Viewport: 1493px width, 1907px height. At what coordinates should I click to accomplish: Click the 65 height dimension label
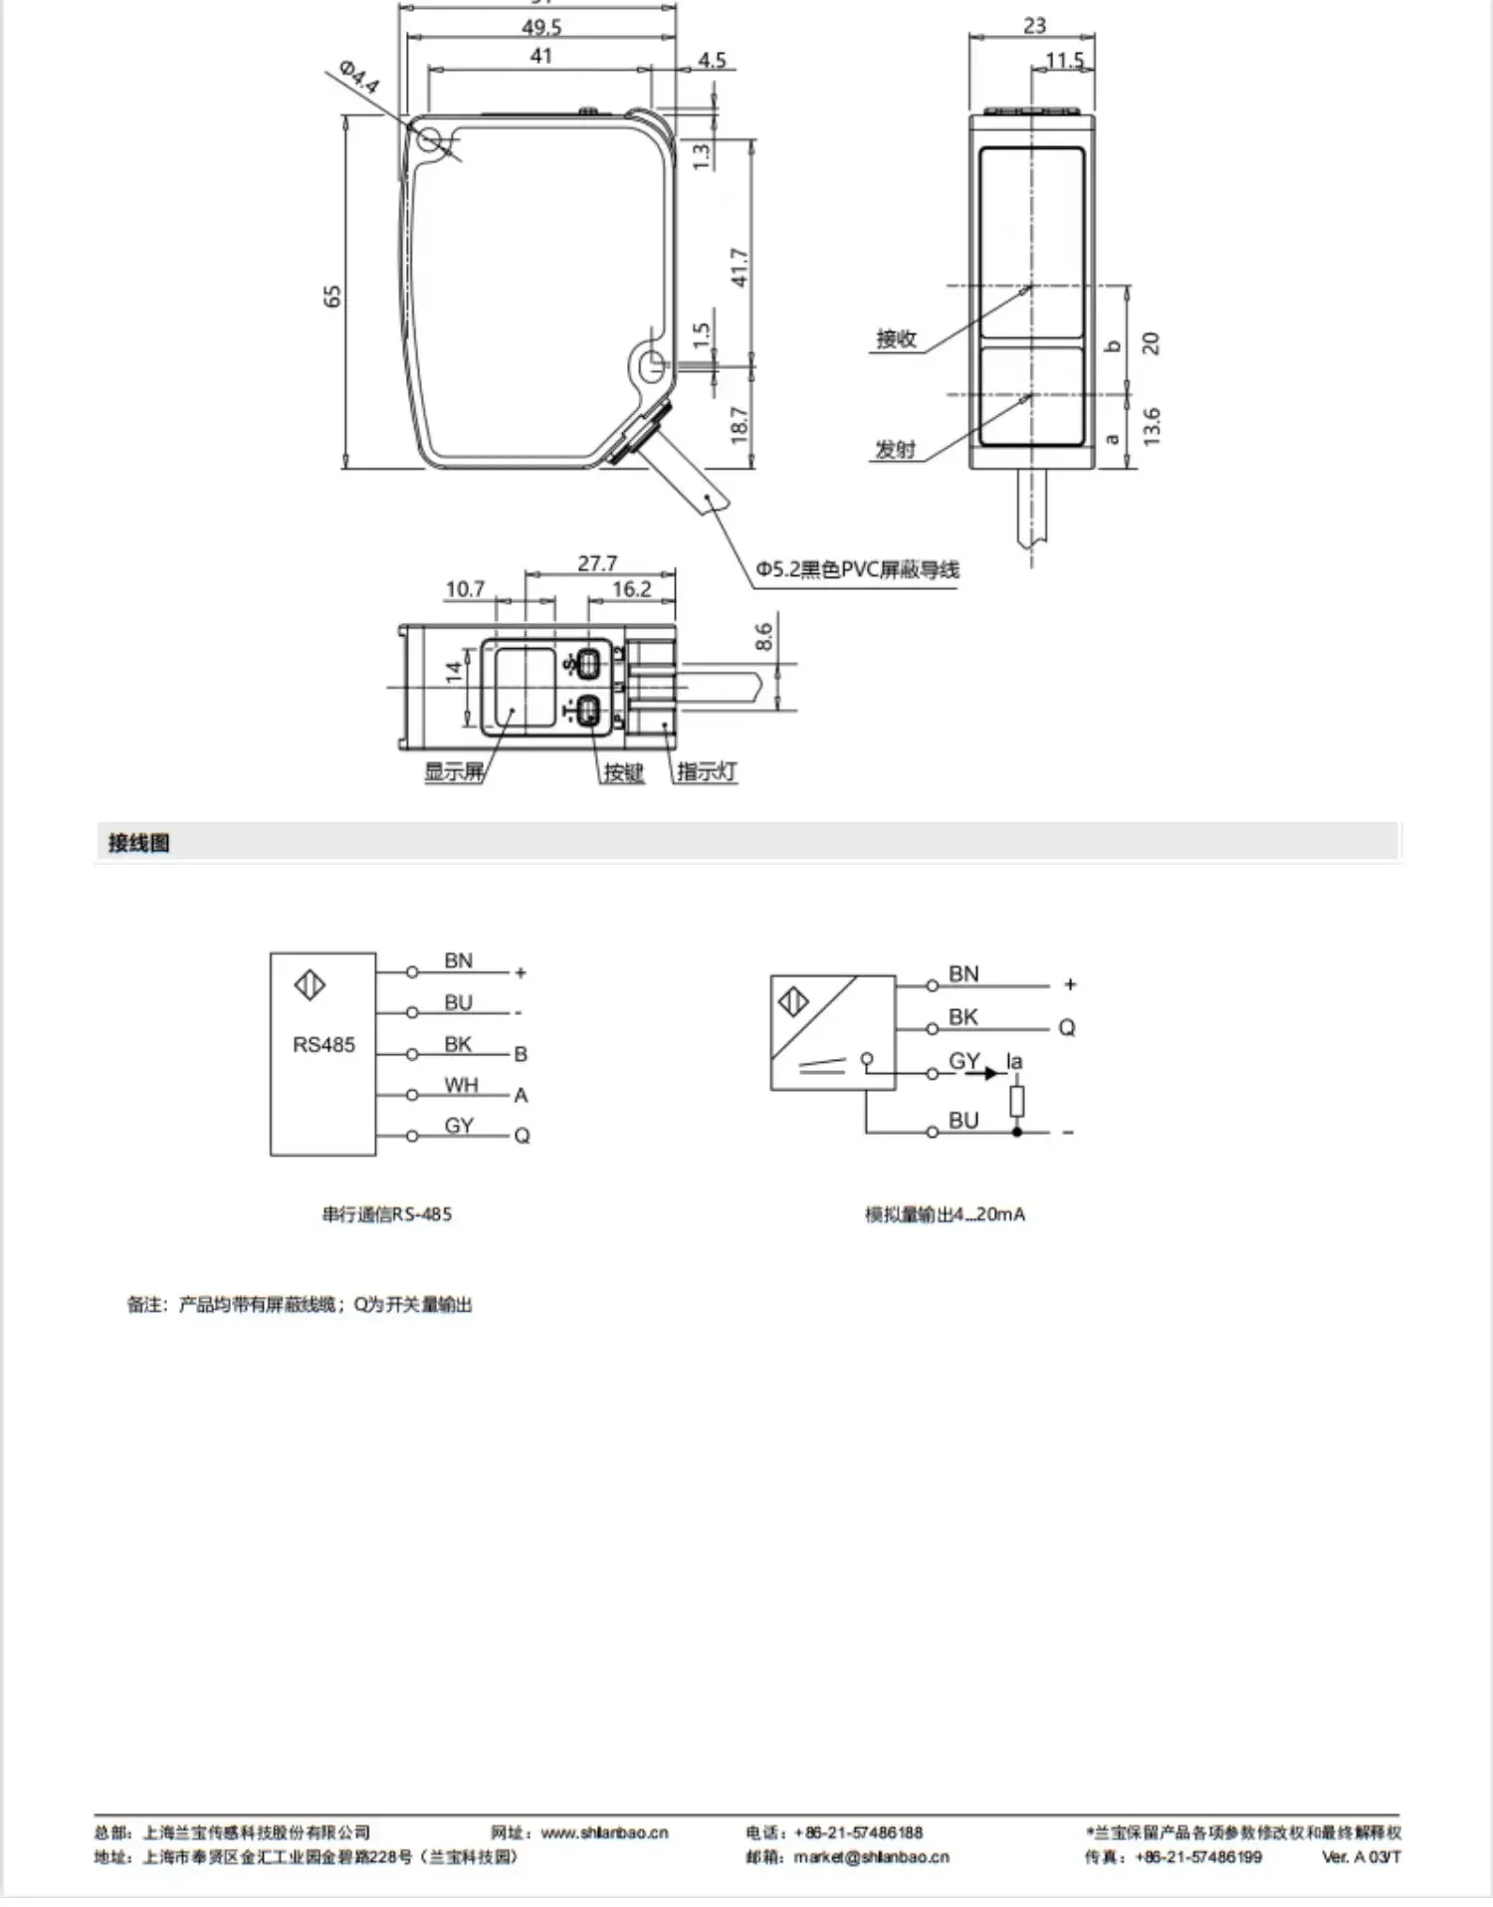(x=332, y=296)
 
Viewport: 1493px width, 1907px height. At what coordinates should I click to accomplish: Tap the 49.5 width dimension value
(x=541, y=27)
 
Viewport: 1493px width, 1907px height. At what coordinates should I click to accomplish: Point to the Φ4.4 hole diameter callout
(x=358, y=77)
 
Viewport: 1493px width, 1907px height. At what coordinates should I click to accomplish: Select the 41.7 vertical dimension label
(x=740, y=268)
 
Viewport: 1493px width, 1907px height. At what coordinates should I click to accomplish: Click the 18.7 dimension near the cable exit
(x=740, y=425)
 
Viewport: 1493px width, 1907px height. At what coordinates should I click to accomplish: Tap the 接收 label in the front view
(x=896, y=338)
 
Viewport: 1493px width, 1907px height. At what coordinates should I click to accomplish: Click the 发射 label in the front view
(x=895, y=450)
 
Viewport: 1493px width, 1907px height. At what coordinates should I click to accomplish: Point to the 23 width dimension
(x=1034, y=26)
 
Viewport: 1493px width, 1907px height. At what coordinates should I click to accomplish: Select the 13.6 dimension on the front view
(x=1152, y=426)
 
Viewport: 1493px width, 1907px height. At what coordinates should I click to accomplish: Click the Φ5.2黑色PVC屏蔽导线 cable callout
(x=857, y=569)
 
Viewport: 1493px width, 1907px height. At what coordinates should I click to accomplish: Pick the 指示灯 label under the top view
(x=707, y=771)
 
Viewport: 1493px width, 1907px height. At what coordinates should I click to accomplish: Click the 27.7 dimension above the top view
(x=597, y=563)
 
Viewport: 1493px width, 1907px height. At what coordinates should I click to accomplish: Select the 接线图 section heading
(x=139, y=843)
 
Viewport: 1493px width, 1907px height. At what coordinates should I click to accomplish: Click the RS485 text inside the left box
(x=323, y=1044)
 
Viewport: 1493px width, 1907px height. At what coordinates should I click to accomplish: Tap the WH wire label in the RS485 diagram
(x=461, y=1085)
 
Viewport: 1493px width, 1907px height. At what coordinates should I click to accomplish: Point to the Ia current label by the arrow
(x=1014, y=1061)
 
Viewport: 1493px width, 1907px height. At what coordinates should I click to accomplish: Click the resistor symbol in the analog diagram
(x=1016, y=1102)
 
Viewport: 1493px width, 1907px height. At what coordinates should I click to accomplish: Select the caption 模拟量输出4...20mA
(x=945, y=1214)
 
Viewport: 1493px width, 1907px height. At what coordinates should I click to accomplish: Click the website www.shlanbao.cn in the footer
(x=604, y=1832)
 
